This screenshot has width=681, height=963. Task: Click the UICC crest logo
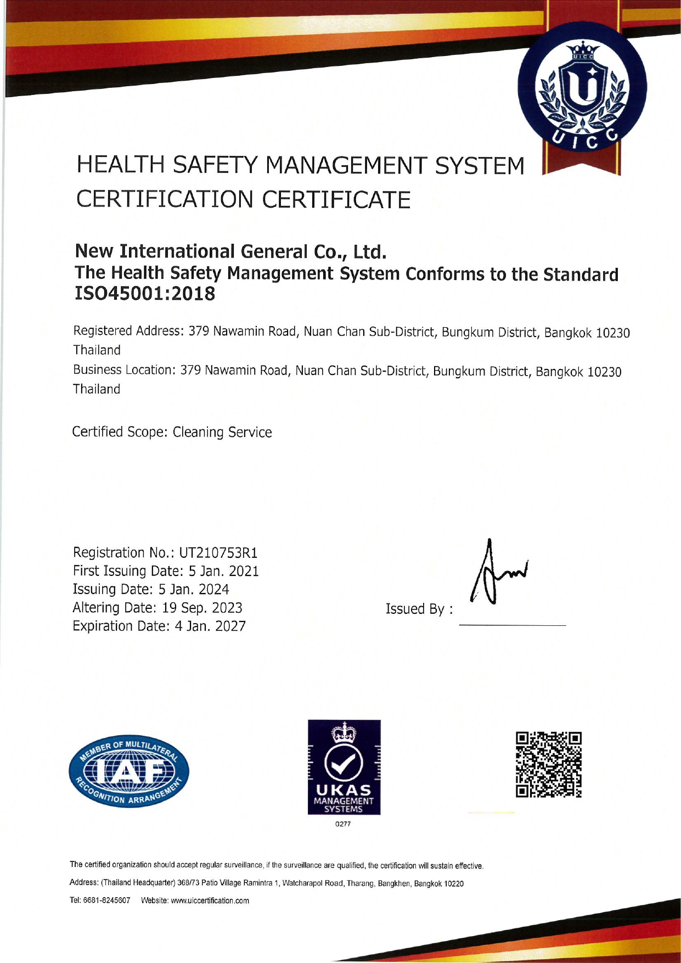pos(582,88)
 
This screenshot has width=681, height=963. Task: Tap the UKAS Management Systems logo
pos(344,767)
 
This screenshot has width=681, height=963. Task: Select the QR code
pos(548,764)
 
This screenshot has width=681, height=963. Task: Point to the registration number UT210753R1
pos(218,552)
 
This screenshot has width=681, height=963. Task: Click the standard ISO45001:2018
pos(145,294)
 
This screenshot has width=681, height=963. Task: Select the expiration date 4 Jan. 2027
pos(210,626)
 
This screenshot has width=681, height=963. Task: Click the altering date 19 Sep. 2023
pos(202,608)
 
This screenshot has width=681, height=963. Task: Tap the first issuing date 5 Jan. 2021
pos(224,571)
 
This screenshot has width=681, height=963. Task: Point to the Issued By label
pos(419,609)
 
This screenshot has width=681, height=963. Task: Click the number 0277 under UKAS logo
pos(343,824)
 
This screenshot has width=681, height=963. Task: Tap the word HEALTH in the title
pos(121,165)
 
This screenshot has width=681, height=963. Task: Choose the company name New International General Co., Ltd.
pos(230,251)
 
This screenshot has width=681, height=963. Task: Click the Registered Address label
pos(128,331)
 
